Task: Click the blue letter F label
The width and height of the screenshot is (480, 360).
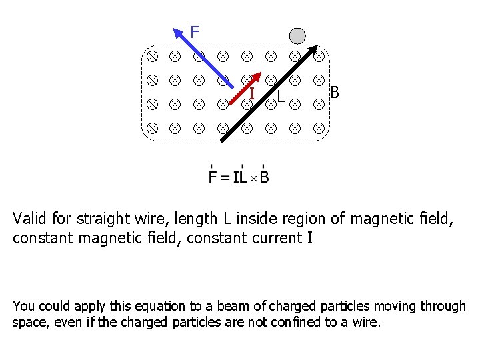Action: click(195, 31)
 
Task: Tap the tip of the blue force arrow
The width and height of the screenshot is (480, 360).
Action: click(175, 29)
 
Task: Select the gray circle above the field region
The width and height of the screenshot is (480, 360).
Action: click(297, 36)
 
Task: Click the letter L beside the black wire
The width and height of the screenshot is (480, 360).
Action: click(281, 97)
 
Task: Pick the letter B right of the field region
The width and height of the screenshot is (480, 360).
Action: click(335, 92)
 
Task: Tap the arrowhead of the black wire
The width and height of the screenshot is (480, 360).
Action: click(314, 47)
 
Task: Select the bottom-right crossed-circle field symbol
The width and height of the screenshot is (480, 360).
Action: click(319, 127)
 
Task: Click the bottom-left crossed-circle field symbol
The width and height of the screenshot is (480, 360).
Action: click(152, 127)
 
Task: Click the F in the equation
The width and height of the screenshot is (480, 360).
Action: click(213, 177)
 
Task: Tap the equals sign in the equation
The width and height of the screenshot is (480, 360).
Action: click(225, 178)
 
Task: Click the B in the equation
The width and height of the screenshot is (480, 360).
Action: click(265, 177)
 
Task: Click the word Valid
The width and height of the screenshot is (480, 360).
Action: click(29, 219)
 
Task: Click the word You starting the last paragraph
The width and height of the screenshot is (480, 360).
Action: click(23, 307)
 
